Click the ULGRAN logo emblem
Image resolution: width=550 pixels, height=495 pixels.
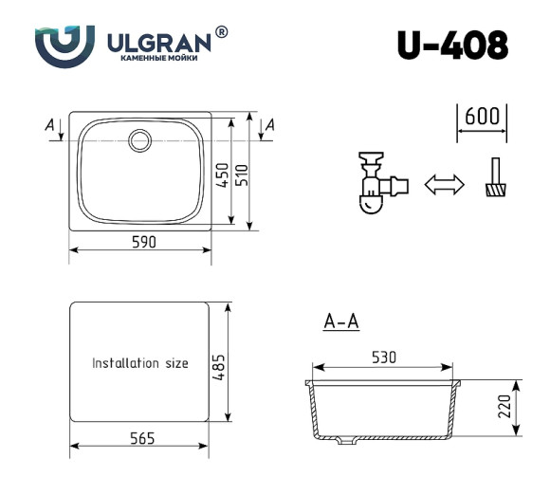(65, 45)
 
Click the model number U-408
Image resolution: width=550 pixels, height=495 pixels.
(452, 45)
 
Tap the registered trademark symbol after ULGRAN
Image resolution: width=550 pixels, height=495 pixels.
(222, 32)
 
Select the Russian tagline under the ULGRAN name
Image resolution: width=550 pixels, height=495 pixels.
(159, 60)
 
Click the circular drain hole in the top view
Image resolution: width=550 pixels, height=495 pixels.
(140, 139)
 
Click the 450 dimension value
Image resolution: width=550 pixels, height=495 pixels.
(223, 174)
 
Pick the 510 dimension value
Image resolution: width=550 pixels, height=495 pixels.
(242, 174)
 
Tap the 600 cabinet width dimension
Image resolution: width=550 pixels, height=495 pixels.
(482, 117)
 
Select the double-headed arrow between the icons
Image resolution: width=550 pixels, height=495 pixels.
(444, 184)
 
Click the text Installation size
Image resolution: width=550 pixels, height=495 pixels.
(139, 363)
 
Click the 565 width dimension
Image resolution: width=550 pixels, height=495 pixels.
(140, 438)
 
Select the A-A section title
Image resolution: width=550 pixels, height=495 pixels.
(341, 322)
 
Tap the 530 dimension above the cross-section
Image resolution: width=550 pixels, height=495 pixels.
(383, 357)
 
